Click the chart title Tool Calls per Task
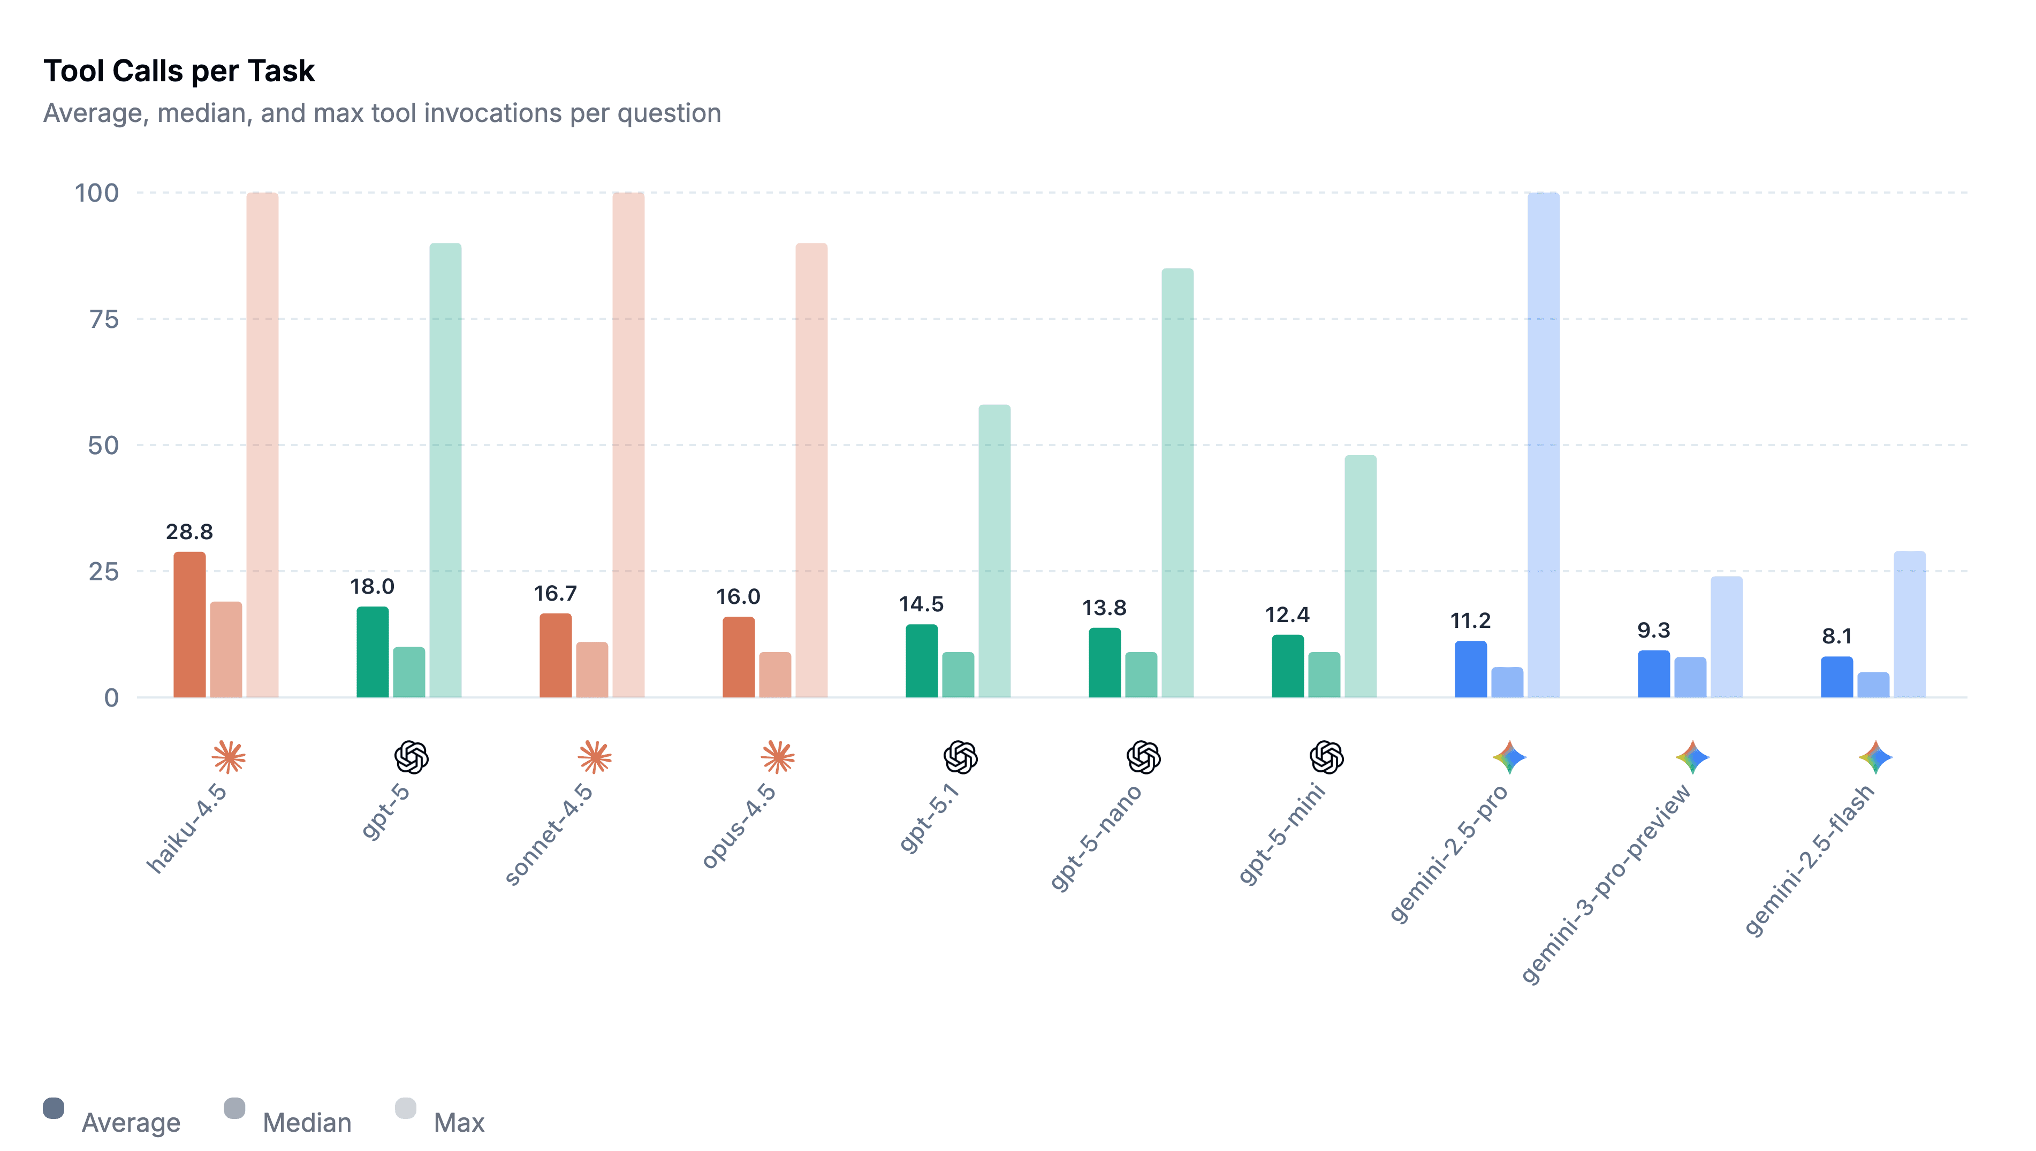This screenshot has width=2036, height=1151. tap(179, 71)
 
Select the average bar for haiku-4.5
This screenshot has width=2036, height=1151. tap(190, 625)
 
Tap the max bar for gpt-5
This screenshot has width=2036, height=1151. tap(445, 470)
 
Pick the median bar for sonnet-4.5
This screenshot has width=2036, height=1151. tap(591, 670)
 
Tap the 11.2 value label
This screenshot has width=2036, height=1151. tap(1470, 620)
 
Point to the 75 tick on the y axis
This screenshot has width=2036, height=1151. tap(104, 319)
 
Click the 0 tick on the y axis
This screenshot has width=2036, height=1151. tap(111, 698)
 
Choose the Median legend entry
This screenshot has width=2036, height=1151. tap(306, 1123)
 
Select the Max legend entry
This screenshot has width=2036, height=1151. tap(459, 1123)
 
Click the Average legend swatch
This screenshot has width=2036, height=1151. tap(54, 1108)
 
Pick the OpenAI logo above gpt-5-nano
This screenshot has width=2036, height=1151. tap(1143, 757)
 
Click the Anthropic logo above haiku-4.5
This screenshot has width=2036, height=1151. tap(229, 757)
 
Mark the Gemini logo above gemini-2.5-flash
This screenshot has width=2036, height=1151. tap(1875, 757)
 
